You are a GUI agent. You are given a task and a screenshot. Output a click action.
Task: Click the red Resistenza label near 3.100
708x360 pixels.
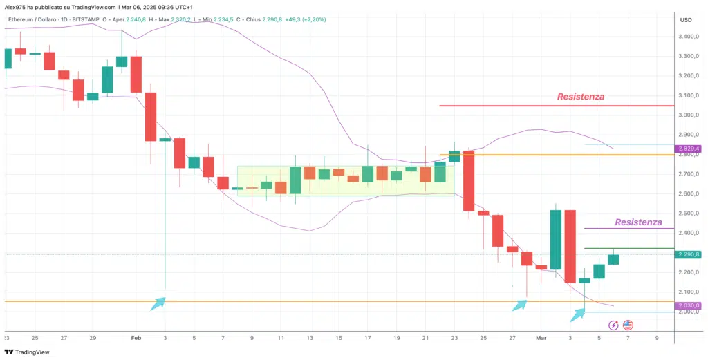click(x=580, y=97)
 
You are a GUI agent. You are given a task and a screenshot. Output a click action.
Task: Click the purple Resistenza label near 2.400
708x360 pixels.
click(x=638, y=222)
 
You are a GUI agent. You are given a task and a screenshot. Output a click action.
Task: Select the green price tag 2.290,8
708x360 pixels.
click(x=689, y=254)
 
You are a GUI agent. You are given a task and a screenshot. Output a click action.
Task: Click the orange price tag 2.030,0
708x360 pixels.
click(x=689, y=305)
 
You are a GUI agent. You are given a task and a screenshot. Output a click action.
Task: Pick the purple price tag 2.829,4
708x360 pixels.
click(x=689, y=149)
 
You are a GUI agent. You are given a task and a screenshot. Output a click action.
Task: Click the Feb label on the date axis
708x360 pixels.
click(x=136, y=338)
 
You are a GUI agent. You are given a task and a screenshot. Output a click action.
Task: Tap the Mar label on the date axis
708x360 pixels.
click(x=541, y=338)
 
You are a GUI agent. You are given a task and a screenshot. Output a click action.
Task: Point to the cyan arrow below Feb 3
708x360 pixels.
click(x=158, y=303)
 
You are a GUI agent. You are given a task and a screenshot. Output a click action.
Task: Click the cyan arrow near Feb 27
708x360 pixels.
click(x=519, y=305)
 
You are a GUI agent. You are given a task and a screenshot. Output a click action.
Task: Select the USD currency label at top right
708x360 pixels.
click(x=686, y=19)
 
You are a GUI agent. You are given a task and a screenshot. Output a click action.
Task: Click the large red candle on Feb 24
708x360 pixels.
click(x=469, y=181)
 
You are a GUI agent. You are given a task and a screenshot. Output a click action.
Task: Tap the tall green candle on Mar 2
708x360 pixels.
click(x=555, y=240)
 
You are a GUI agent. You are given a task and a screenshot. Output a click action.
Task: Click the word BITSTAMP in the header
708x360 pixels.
click(x=83, y=19)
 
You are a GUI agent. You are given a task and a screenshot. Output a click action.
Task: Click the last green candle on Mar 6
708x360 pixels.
click(x=614, y=259)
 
